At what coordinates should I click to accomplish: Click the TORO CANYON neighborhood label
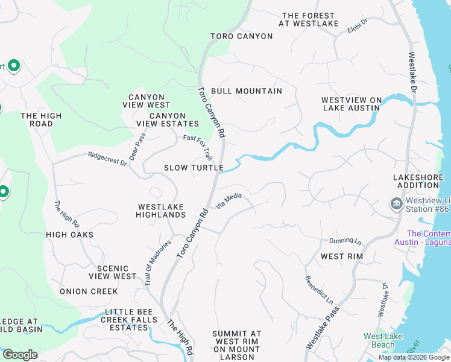click(x=241, y=36)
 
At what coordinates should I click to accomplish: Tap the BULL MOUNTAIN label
click(x=247, y=91)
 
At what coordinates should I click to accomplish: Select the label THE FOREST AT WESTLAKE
click(x=307, y=20)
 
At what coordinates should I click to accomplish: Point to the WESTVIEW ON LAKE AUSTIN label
click(x=352, y=104)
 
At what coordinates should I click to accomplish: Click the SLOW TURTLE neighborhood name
click(x=194, y=168)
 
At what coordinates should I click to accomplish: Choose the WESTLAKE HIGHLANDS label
click(x=160, y=211)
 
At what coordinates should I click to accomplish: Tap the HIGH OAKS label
click(x=69, y=234)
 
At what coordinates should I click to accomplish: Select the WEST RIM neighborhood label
click(x=341, y=256)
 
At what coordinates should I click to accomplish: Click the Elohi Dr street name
click(x=358, y=25)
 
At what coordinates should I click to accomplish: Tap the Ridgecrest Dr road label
click(x=107, y=159)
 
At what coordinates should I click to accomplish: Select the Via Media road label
click(x=229, y=200)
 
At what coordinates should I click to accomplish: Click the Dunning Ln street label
click(x=345, y=241)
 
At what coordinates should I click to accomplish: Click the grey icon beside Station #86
click(x=396, y=203)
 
